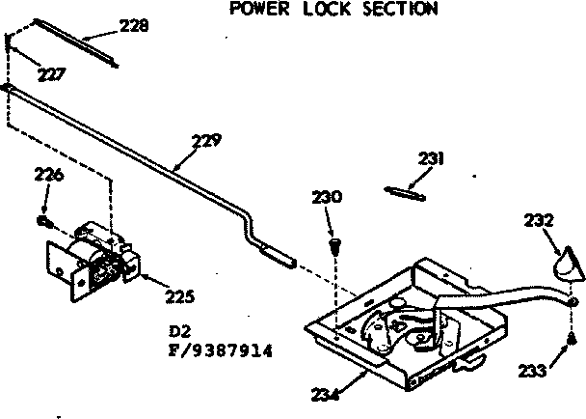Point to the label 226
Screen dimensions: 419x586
point(50,176)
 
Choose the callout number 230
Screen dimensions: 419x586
point(327,197)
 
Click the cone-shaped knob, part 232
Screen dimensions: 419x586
point(568,261)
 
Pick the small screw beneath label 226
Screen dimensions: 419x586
point(43,220)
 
